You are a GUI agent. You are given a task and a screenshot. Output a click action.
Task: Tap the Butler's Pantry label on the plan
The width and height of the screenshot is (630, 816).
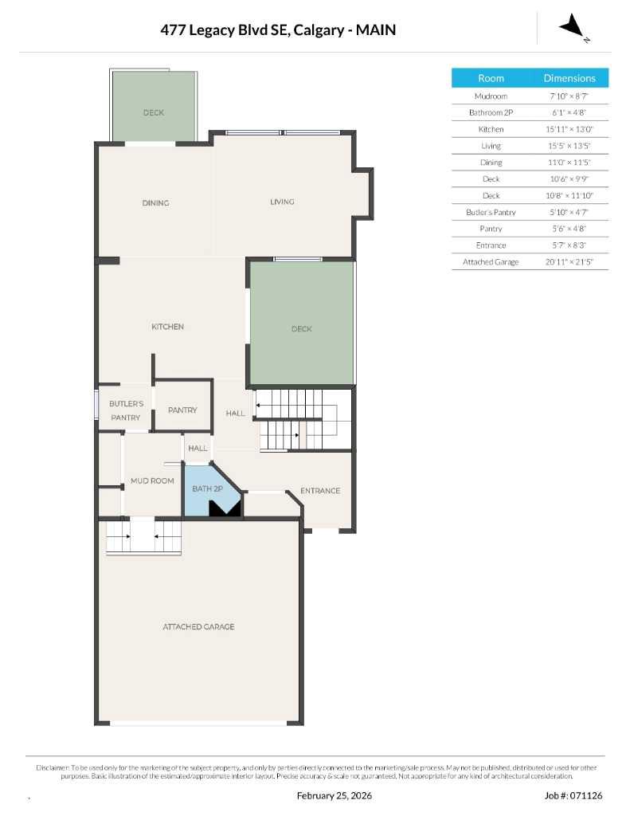point(126,410)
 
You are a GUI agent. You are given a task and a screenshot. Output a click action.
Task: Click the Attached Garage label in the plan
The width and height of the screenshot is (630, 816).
point(198,627)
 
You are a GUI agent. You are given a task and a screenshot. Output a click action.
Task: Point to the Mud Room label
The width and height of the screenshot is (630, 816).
point(152,481)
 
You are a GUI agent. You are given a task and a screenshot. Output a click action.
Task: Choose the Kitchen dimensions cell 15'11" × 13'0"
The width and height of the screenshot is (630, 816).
point(569,129)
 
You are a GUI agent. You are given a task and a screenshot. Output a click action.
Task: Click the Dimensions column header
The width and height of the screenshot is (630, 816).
point(569,78)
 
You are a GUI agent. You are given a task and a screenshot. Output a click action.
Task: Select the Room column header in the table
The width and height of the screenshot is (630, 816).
point(491,78)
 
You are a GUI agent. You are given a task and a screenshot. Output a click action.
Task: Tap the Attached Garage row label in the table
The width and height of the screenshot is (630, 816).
point(491,261)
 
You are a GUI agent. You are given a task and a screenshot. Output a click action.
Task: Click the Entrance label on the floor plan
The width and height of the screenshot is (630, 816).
point(320,491)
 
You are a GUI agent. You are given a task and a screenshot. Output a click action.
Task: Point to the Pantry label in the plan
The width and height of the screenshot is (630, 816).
point(182,410)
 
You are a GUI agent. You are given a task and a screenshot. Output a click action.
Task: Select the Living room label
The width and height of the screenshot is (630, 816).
point(282,202)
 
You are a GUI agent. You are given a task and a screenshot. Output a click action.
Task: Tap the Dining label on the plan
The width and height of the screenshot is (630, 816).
point(155,202)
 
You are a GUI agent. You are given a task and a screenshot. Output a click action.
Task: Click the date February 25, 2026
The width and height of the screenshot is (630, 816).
point(334,795)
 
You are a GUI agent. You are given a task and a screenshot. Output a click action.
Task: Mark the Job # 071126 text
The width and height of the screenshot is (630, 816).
point(573,795)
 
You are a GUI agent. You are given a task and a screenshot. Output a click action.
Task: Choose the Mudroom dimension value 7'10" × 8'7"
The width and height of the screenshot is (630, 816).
point(569,96)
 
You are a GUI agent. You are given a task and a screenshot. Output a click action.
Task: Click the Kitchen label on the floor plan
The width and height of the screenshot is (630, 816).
point(168,327)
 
